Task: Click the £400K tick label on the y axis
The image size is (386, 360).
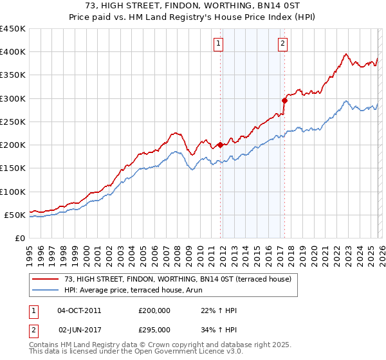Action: pyautogui.click(x=13, y=52)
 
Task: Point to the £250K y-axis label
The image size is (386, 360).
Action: pyautogui.click(x=13, y=122)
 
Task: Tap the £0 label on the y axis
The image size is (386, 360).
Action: pyautogui.click(x=20, y=238)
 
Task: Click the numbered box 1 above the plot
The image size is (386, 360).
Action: pyautogui.click(x=219, y=44)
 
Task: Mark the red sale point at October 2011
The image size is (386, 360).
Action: pyautogui.click(x=220, y=145)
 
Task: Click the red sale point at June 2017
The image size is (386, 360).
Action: pyautogui.click(x=284, y=100)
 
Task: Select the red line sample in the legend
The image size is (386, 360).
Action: pyautogui.click(x=46, y=279)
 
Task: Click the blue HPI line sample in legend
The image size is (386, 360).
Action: pyautogui.click(x=46, y=290)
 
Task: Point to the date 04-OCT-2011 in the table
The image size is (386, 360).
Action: pyautogui.click(x=79, y=310)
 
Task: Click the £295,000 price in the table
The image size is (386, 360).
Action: pyautogui.click(x=154, y=329)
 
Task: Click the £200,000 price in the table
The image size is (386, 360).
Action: pyautogui.click(x=154, y=310)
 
